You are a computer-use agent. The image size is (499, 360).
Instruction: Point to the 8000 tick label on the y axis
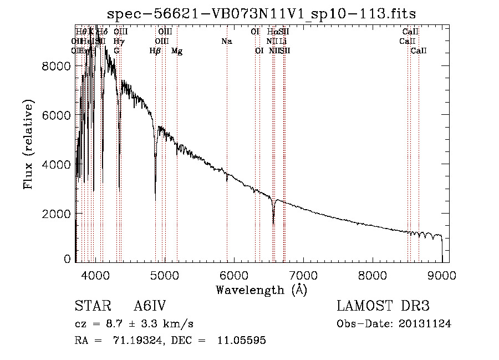click(57, 66)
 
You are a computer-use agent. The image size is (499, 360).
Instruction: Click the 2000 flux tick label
click(57, 214)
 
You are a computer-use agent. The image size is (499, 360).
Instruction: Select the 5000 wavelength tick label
click(165, 274)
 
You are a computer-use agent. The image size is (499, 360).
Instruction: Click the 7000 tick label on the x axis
click(303, 274)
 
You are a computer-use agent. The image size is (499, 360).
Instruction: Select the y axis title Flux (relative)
click(28, 144)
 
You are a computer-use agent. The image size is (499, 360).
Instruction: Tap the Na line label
click(226, 41)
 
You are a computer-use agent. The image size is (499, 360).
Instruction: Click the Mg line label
click(177, 51)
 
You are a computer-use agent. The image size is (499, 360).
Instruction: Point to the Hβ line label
click(155, 51)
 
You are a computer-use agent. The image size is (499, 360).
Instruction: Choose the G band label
click(116, 51)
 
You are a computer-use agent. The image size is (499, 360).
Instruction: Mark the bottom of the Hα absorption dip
click(273, 223)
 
